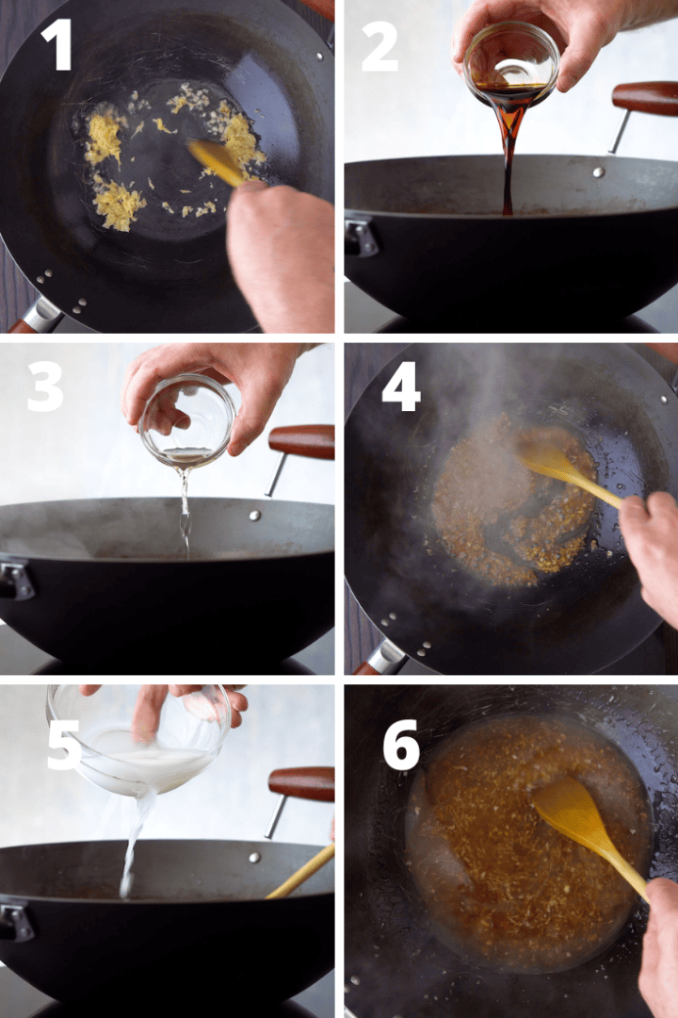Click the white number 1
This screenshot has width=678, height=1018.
point(57,44)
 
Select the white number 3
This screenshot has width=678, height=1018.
point(45,386)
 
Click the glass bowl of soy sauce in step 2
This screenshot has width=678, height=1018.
point(511,66)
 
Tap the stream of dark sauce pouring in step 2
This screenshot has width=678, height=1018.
point(508,160)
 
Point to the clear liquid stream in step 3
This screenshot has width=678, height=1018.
point(185,509)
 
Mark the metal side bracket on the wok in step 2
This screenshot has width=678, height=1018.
point(361,236)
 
